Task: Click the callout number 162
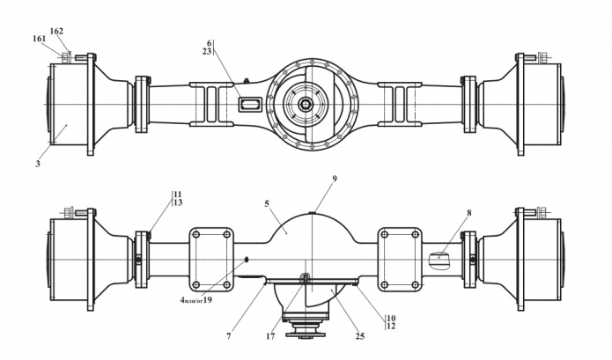point(56,31)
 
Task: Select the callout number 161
point(39,39)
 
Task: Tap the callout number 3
point(38,164)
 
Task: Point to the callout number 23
point(207,51)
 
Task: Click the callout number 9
point(335,179)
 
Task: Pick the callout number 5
point(267,203)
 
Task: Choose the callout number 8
point(468,213)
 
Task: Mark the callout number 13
point(178,202)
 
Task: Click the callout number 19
point(208,300)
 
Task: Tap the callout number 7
point(229,336)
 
